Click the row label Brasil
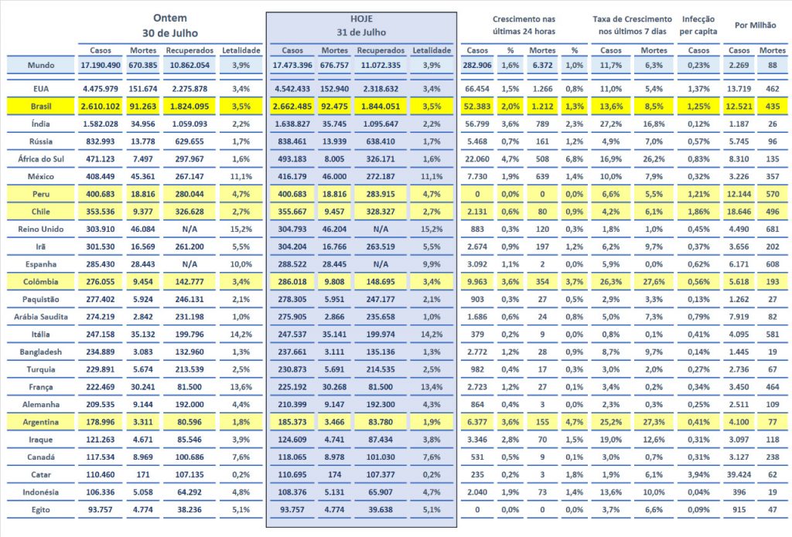click(x=42, y=106)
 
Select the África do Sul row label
click(x=42, y=160)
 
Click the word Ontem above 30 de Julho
click(x=170, y=17)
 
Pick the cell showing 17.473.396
click(x=292, y=65)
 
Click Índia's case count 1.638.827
click(x=292, y=124)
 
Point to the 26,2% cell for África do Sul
click(x=654, y=160)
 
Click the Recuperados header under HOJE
click(x=379, y=49)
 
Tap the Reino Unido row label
click(x=42, y=229)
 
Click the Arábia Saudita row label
click(x=42, y=317)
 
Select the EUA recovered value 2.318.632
click(x=380, y=89)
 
